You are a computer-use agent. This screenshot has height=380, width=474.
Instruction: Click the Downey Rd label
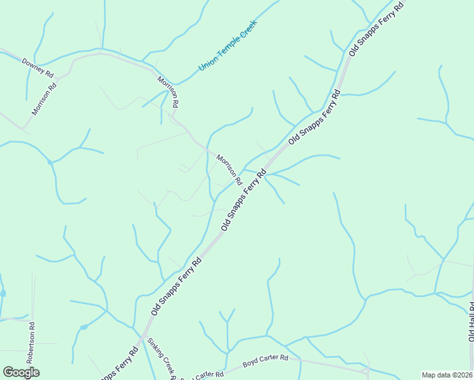[38, 67]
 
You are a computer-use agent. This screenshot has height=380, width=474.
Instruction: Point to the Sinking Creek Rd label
[160, 359]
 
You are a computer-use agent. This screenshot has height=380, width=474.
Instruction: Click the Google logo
[21, 372]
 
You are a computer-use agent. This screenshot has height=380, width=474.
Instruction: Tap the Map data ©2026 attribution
[447, 375]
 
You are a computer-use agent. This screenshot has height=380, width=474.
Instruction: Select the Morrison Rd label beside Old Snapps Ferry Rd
[229, 169]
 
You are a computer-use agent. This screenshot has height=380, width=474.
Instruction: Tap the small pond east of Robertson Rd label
[83, 327]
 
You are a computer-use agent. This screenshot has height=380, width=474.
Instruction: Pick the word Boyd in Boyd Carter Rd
[251, 365]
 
